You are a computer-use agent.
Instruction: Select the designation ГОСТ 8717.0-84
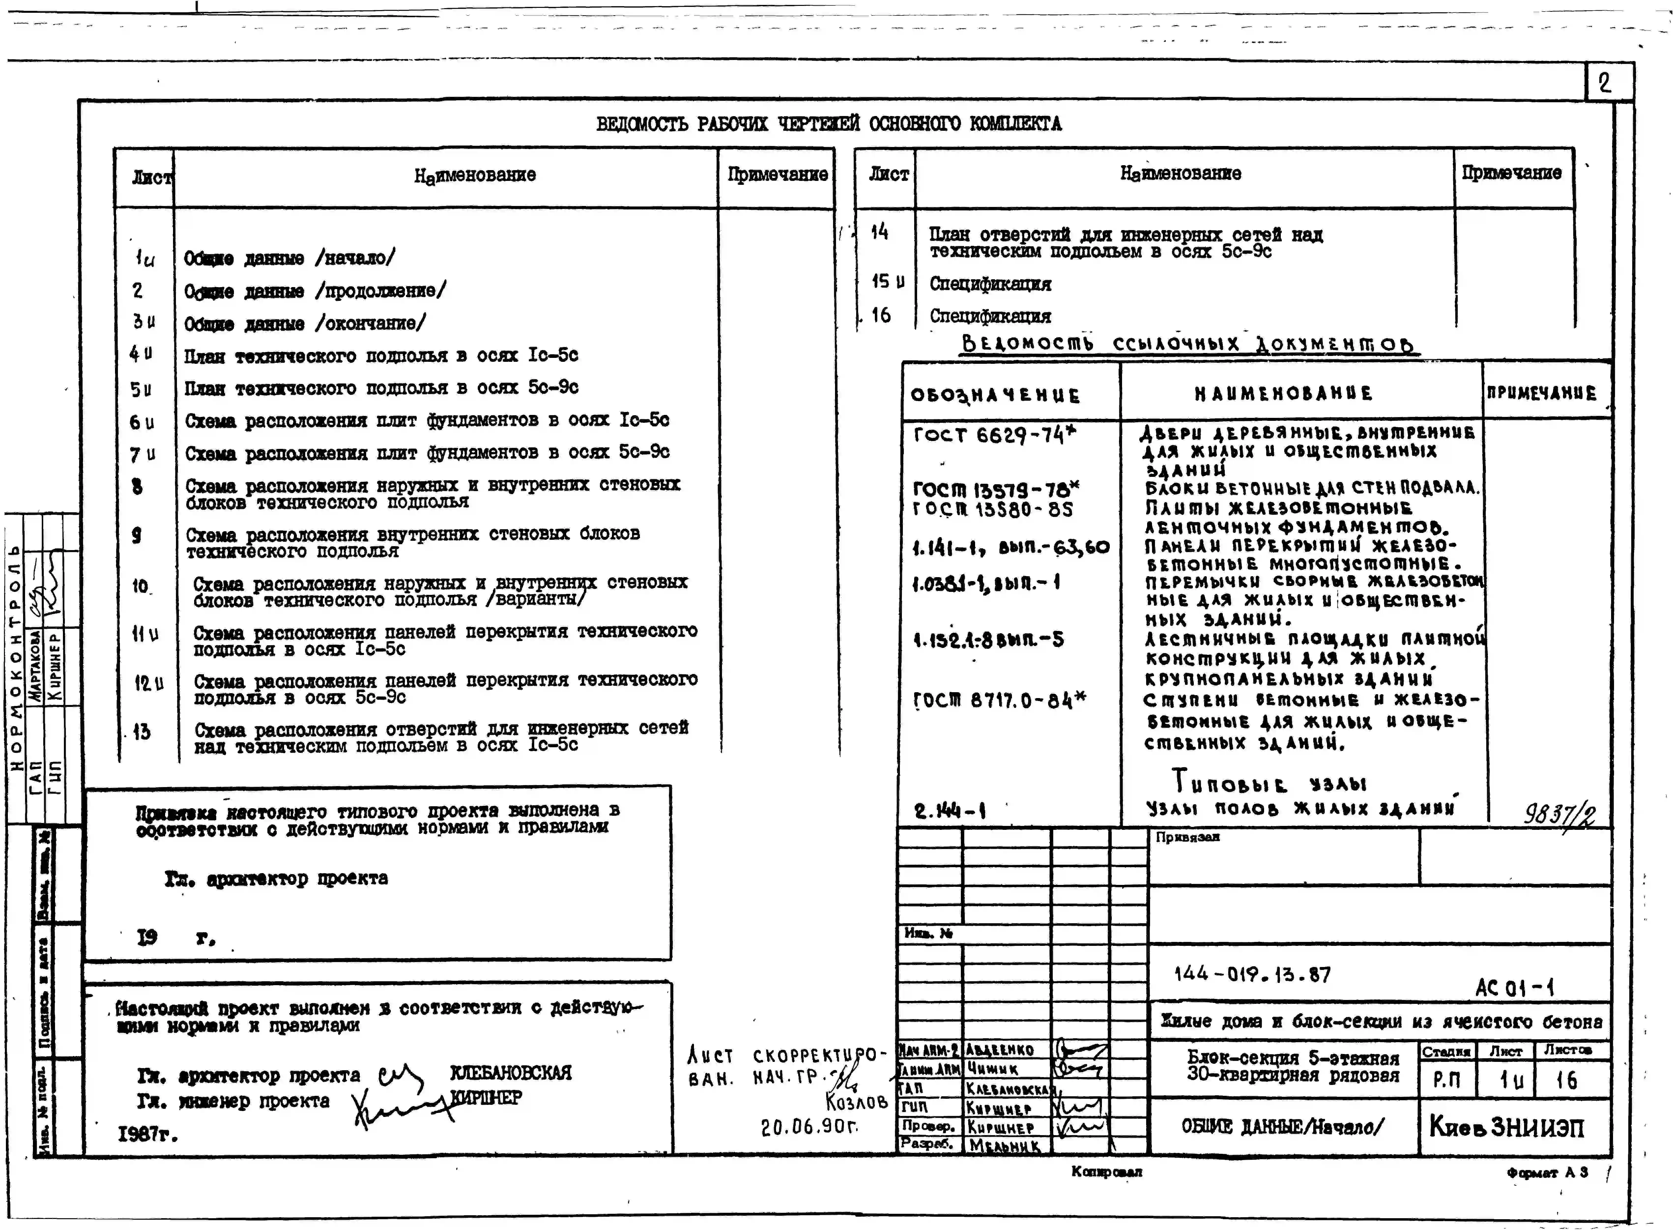click(x=999, y=700)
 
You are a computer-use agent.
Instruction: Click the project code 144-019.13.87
click(x=1252, y=975)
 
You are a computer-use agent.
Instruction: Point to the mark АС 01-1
click(x=1514, y=988)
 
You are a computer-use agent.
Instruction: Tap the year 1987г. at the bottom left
click(x=147, y=1135)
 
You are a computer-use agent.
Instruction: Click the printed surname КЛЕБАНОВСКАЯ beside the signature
click(x=511, y=1073)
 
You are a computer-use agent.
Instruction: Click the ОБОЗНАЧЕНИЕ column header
click(x=995, y=395)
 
